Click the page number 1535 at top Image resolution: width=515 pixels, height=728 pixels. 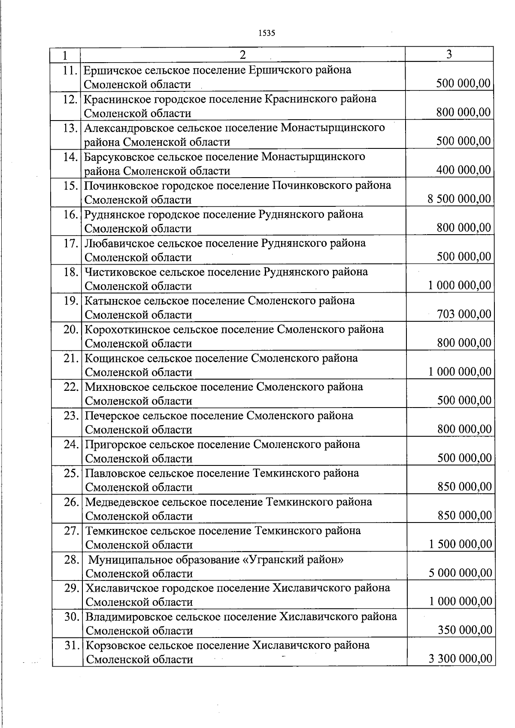pyautogui.click(x=267, y=33)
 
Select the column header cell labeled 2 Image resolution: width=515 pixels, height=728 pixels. pyautogui.click(x=243, y=54)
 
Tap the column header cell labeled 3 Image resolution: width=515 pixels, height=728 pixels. pyautogui.click(x=449, y=54)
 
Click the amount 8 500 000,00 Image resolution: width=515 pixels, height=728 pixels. pyautogui.click(x=459, y=199)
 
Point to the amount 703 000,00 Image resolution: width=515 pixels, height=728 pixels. pyautogui.click(x=464, y=314)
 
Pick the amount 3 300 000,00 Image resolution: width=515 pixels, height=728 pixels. pyautogui.click(x=460, y=659)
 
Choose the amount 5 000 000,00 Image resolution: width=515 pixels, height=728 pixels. pyautogui.click(x=460, y=572)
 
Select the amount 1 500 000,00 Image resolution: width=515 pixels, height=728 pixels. pyautogui.click(x=460, y=544)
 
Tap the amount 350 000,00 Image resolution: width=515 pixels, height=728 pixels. pyautogui.click(x=465, y=630)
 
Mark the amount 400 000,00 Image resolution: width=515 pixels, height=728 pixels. pyautogui.click(x=463, y=170)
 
